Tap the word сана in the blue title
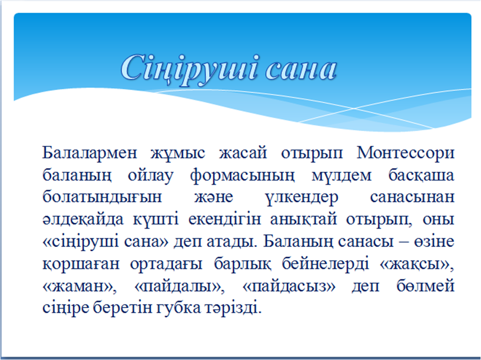[301, 71]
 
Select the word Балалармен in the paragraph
[89, 153]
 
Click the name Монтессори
[405, 153]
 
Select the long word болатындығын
[102, 197]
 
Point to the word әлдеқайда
[83, 219]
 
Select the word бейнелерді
[325, 264]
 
